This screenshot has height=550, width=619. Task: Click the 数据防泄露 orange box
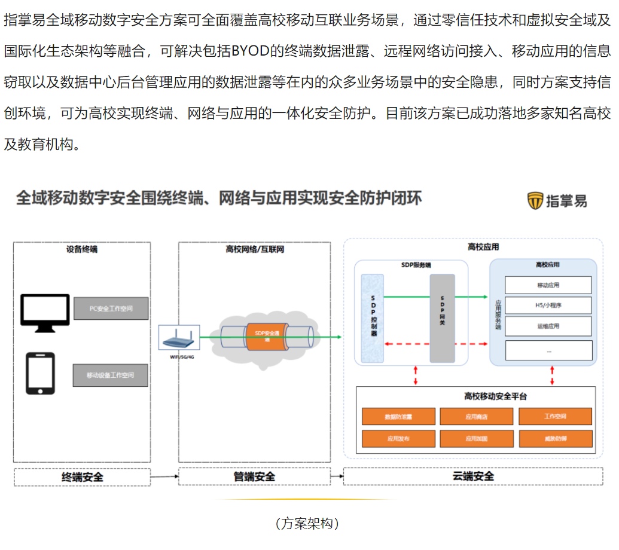(x=398, y=417)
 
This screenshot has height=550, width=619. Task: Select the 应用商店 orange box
(x=477, y=417)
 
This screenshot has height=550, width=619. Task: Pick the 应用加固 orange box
(x=477, y=438)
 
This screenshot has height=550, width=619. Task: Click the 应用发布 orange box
(x=398, y=438)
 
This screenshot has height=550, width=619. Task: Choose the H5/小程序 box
(x=548, y=305)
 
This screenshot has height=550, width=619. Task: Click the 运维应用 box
(x=548, y=326)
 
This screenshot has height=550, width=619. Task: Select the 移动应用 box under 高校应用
(x=548, y=285)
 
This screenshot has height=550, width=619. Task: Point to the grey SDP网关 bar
(x=442, y=318)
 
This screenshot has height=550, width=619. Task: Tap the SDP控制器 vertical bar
(x=373, y=318)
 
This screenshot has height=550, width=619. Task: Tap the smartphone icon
(x=41, y=374)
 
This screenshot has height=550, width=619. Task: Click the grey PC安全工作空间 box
(x=111, y=308)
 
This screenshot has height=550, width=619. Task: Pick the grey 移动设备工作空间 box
(x=110, y=375)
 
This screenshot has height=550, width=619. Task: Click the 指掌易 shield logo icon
(x=535, y=201)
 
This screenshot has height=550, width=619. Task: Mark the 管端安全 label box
(x=254, y=476)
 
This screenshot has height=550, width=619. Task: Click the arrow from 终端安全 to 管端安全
(x=164, y=476)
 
